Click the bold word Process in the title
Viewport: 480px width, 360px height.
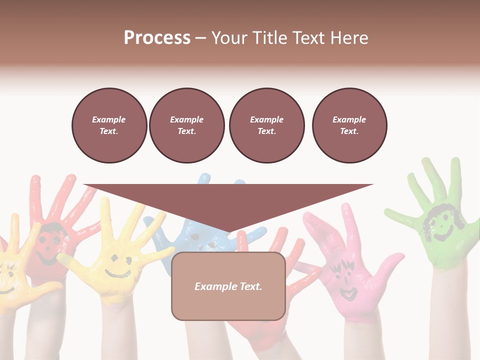(x=157, y=38)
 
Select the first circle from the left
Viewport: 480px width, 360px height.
(x=109, y=125)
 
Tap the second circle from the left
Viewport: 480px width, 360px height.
(x=186, y=125)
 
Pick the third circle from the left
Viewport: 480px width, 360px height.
(x=266, y=125)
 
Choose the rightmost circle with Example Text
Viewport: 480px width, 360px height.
(x=349, y=125)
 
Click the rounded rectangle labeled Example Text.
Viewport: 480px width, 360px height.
(x=228, y=286)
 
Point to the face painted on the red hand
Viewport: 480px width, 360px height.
(x=47, y=245)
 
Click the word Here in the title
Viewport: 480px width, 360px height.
(x=351, y=38)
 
